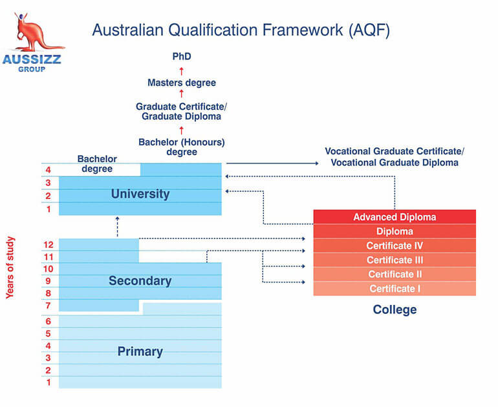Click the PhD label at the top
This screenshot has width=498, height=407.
click(182, 56)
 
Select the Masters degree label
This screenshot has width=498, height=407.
click(182, 83)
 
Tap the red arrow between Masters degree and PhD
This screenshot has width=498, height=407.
click(181, 71)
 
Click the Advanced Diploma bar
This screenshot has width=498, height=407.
click(395, 216)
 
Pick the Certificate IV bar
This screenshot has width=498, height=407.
click(395, 245)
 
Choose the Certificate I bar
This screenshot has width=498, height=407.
click(395, 289)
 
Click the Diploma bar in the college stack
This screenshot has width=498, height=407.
click(395, 231)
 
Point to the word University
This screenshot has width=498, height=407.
click(140, 194)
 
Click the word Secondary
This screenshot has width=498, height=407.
click(140, 281)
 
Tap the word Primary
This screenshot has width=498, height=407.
click(140, 351)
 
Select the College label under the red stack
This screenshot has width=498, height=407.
click(395, 309)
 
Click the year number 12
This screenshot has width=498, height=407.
click(49, 245)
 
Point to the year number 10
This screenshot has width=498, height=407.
click(49, 269)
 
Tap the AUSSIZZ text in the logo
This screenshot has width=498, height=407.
click(32, 59)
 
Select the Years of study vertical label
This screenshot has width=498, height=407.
click(10, 267)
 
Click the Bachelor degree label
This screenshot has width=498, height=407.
click(97, 163)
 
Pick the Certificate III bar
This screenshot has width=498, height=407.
click(395, 260)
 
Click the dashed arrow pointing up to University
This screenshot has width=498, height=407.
click(117, 227)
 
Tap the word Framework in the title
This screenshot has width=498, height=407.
click(303, 30)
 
